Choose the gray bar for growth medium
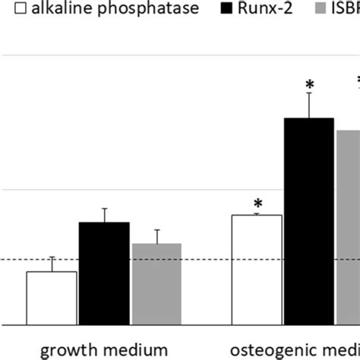click(x=156, y=284)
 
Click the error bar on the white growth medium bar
click(x=52, y=264)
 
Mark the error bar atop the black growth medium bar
click(x=104, y=215)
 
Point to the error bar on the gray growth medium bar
click(x=156, y=236)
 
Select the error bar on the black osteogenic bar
click(x=309, y=105)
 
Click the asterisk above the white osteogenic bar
click(x=258, y=204)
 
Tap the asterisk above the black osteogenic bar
click(x=309, y=84)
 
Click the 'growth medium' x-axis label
click(x=104, y=350)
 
